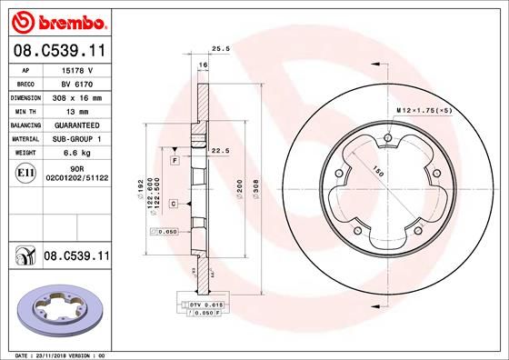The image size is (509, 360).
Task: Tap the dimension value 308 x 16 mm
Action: click(76, 96)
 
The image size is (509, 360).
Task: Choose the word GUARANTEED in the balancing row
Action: click(76, 125)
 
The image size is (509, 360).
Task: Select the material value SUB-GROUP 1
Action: click(76, 138)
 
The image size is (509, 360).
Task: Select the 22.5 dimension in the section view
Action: click(218, 151)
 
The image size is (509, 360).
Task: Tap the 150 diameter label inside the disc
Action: click(376, 170)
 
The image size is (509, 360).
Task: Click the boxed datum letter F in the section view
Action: click(174, 160)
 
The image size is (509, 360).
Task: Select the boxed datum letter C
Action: click(173, 205)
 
